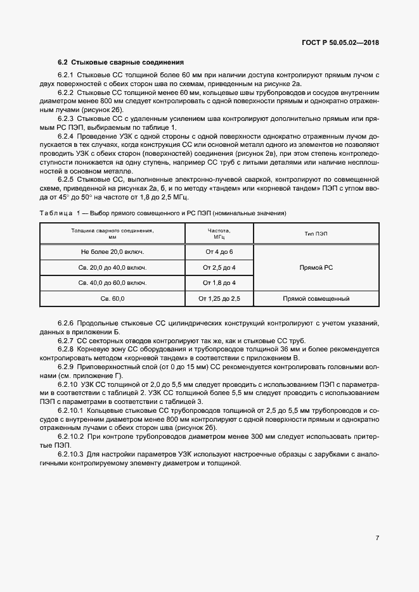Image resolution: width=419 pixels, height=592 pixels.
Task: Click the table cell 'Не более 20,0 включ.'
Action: pyautogui.click(x=113, y=252)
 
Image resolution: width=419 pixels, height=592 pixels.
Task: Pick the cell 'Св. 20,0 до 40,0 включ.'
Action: pyautogui.click(x=113, y=267)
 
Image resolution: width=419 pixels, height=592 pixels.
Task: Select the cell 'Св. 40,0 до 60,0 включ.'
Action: pyautogui.click(x=113, y=282)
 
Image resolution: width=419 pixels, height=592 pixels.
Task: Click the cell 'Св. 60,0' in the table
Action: pyautogui.click(x=113, y=298)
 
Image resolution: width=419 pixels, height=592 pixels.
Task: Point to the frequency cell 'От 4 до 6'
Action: pyautogui.click(x=219, y=252)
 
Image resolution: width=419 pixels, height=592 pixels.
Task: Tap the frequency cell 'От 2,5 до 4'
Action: pyautogui.click(x=219, y=267)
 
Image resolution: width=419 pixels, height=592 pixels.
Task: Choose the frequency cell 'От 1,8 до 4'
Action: pyautogui.click(x=219, y=282)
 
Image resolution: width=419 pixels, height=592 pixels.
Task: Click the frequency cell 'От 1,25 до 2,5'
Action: pyautogui.click(x=219, y=298)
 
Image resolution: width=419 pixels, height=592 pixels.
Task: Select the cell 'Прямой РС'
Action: pyautogui.click(x=316, y=267)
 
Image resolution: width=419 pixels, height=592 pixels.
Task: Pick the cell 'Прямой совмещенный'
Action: pyautogui.click(x=316, y=298)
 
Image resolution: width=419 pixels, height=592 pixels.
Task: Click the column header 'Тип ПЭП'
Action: pyautogui.click(x=316, y=234)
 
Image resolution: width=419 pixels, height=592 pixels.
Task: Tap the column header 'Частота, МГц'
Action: pyautogui.click(x=219, y=234)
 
